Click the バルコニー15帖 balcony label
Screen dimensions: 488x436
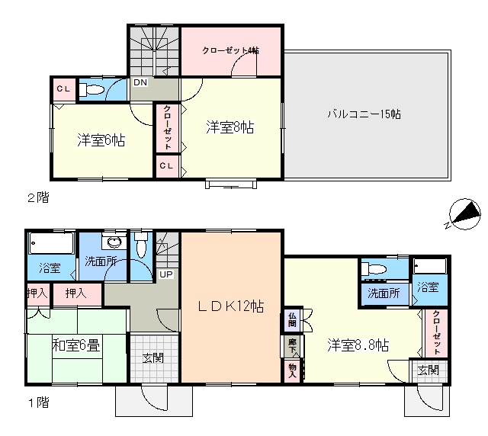(364, 114)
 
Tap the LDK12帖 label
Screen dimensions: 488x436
(231, 306)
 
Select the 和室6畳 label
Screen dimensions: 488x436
(76, 345)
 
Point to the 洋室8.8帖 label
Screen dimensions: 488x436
(358, 345)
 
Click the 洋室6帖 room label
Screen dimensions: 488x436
(101, 140)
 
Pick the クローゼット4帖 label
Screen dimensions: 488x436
(230, 50)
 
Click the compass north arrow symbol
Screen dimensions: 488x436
(464, 215)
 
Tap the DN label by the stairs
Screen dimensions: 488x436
(140, 82)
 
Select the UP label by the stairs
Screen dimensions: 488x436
(166, 274)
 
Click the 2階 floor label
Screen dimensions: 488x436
(39, 197)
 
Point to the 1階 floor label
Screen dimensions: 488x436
(39, 402)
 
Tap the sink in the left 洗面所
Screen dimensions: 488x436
(114, 242)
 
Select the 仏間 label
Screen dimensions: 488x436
(292, 319)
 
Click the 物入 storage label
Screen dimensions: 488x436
(292, 370)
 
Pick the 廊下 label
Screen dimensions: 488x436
(292, 345)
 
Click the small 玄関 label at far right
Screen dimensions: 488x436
(429, 370)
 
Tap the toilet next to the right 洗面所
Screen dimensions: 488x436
(374, 268)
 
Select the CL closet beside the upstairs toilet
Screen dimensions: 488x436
(63, 88)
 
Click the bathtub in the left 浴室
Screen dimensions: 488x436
(51, 243)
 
